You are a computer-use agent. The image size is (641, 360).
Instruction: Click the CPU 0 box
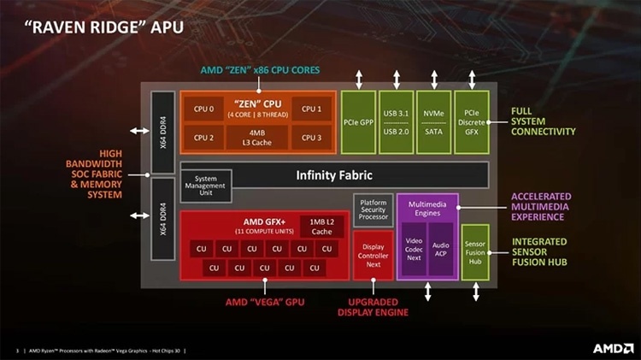pyautogui.click(x=203, y=109)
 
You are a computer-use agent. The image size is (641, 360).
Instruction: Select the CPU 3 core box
pyautogui.click(x=311, y=137)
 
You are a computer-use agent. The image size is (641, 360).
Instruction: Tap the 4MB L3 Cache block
pyautogui.click(x=257, y=137)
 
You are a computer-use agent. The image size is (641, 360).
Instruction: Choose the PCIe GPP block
pyautogui.click(x=359, y=122)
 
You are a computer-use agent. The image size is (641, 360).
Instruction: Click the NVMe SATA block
pyautogui.click(x=433, y=122)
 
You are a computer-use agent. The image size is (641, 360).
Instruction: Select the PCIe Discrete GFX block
pyautogui.click(x=471, y=122)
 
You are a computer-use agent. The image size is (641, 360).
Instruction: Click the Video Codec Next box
pyautogui.click(x=413, y=249)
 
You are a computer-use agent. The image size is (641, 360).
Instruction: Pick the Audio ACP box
pyautogui.click(x=440, y=249)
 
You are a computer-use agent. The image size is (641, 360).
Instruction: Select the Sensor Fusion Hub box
pyautogui.click(x=474, y=252)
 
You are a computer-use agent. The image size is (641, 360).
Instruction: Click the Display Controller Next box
pyautogui.click(x=373, y=256)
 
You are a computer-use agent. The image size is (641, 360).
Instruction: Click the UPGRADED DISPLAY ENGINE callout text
pyautogui.click(x=373, y=307)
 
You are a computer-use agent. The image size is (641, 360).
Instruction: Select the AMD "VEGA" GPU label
pyautogui.click(x=264, y=302)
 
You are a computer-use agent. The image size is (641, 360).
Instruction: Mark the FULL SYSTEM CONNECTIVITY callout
pyautogui.click(x=543, y=121)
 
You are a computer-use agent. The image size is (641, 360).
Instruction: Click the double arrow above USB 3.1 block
pyautogui.click(x=397, y=80)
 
